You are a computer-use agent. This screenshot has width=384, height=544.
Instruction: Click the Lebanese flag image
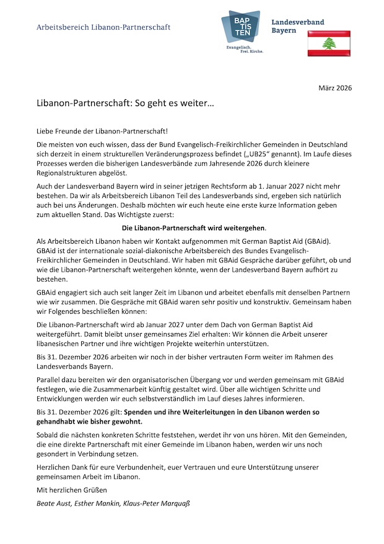pos(329,43)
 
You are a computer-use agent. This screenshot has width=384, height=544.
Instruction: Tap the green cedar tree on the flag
pos(329,43)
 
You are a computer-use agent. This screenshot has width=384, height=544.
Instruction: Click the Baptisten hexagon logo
pos(241,27)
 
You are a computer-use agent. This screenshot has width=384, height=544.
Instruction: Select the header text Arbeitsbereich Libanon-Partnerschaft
pos(103,27)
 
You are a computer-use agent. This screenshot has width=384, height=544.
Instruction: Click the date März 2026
pos(334,87)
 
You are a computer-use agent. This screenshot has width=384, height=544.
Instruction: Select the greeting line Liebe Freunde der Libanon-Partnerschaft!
pos(102,132)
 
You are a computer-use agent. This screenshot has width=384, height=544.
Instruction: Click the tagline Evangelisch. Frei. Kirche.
pos(244,51)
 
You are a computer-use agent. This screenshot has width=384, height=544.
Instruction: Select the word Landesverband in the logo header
pos(297,22)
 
